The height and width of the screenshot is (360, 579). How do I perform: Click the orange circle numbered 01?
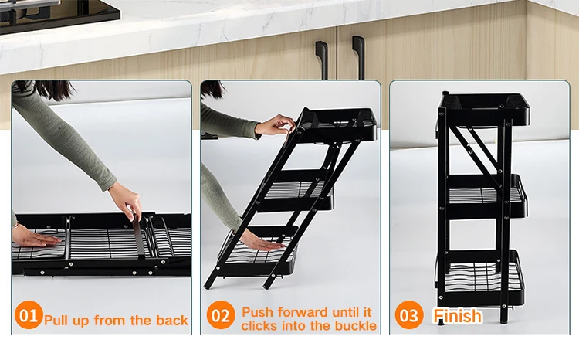29,315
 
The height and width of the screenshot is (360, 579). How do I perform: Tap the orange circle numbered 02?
221,315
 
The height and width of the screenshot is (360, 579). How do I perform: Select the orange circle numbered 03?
409,315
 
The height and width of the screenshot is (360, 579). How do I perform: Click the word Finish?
458,316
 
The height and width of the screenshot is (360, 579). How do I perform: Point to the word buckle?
356,326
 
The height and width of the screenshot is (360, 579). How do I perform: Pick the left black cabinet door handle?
322,59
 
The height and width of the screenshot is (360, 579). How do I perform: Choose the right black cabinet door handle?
358,56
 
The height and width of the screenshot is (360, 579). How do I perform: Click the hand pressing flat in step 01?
36,239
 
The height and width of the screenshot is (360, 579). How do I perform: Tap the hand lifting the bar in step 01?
127,201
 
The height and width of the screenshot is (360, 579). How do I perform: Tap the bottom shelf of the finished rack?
482,277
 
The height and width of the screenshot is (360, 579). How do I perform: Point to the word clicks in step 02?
259,326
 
